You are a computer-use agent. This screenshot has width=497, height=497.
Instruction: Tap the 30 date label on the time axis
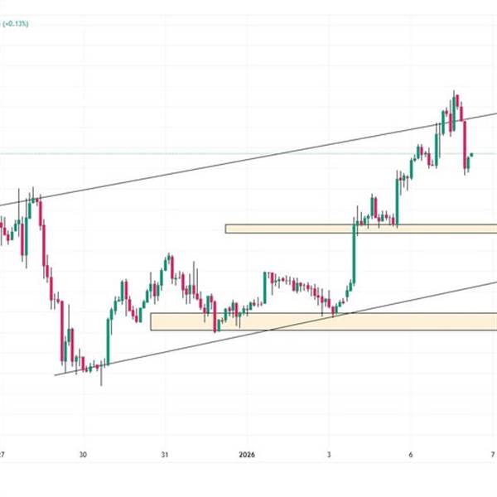tap(83, 455)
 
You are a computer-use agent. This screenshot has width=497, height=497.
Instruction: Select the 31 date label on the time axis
tap(164, 455)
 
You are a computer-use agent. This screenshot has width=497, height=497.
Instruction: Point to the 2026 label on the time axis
tap(248, 455)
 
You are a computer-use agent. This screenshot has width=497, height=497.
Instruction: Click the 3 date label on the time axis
tap(329, 455)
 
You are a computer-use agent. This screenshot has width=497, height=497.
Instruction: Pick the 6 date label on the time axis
tap(411, 455)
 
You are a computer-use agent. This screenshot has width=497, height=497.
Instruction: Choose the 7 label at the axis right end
tap(493, 455)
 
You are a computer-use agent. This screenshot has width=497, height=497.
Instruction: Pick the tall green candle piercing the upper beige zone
tap(355, 248)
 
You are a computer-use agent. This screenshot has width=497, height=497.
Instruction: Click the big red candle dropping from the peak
tap(465, 145)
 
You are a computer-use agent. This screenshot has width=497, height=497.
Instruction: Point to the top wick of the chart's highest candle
tap(455, 91)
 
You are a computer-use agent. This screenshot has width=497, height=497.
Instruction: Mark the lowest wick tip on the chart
tap(101, 384)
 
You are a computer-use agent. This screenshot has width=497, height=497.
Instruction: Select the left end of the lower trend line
tap(55, 375)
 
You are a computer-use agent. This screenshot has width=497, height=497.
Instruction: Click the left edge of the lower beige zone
tap(152, 321)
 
